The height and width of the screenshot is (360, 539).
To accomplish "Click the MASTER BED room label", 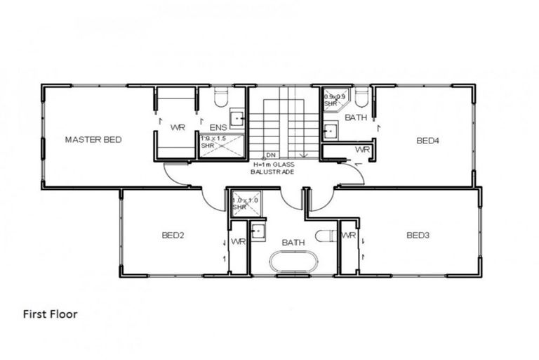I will (93, 139).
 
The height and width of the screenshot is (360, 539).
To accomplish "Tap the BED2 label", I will (172, 235).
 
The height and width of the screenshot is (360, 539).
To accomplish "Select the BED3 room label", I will (418, 235).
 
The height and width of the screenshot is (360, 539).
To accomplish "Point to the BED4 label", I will (427, 141).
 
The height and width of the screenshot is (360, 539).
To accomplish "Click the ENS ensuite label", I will (218, 127).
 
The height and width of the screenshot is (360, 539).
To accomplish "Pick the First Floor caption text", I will (50, 314).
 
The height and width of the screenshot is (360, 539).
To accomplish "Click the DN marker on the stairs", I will (270, 155).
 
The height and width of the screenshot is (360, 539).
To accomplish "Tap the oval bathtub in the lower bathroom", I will (293, 262).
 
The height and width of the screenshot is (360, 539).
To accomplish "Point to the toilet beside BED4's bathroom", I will (362, 96).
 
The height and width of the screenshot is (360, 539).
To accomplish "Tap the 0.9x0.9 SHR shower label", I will (334, 99).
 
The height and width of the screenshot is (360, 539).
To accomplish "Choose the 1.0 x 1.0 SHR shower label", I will (241, 204).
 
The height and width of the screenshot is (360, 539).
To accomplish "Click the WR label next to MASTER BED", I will (178, 127).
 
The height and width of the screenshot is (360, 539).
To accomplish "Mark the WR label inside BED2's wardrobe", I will (238, 242).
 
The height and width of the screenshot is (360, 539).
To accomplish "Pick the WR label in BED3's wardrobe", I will (348, 235).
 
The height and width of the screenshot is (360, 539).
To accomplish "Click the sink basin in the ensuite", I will (237, 118).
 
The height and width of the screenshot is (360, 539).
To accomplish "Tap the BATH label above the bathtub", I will (293, 243).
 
